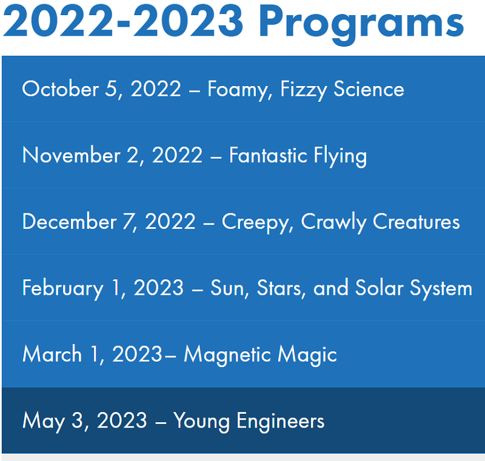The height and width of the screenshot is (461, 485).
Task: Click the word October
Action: pos(61,89)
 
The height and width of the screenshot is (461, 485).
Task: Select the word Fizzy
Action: pos(304,90)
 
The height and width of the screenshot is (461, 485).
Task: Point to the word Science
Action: pos(369,89)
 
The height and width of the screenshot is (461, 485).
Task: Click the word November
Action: pos(72,155)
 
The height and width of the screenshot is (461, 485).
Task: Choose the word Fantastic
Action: pos(268,155)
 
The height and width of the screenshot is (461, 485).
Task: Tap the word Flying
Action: pos(340,156)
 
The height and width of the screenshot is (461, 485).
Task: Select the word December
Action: pos(70,222)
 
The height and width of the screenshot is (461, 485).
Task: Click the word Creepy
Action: pos(257,223)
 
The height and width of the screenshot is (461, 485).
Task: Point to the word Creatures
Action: pos(416,222)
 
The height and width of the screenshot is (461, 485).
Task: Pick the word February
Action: pos(63,289)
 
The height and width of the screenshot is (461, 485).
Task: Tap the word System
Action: pos(441,289)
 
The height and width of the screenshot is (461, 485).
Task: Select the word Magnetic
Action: pos(227,356)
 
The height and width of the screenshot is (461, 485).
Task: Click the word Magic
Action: pos(307,356)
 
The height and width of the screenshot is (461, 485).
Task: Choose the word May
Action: pos(44,422)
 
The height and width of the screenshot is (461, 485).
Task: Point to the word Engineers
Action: pos(281,422)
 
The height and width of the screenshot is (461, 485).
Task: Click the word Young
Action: pos(201,422)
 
